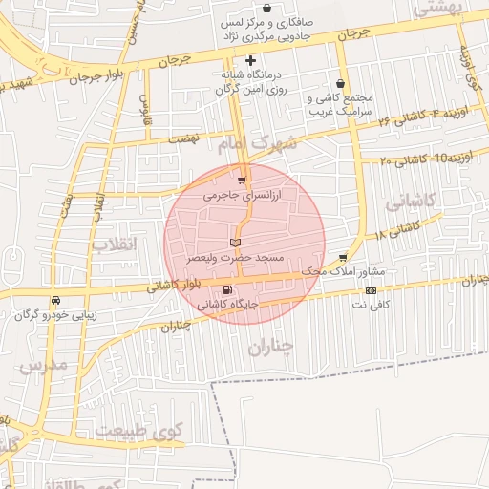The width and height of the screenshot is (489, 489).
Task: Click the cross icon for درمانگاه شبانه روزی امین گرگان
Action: pyautogui.click(x=250, y=61)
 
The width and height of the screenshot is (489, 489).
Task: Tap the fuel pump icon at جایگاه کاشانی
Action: pyautogui.click(x=226, y=289)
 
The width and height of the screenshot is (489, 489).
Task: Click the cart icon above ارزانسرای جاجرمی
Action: pyautogui.click(x=242, y=179)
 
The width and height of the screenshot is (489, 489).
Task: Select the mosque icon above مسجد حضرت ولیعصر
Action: pyautogui.click(x=235, y=244)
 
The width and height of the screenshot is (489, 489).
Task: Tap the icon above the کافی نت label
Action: pyautogui.click(x=371, y=290)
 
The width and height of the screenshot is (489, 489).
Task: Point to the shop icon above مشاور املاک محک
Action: pyautogui.click(x=343, y=257)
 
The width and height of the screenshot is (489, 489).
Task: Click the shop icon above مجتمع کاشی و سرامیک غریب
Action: pyautogui.click(x=341, y=84)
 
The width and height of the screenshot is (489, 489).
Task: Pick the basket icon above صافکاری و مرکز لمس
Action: pyautogui.click(x=278, y=8)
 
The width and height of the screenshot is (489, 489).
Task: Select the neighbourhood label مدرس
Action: pyautogui.click(x=44, y=365)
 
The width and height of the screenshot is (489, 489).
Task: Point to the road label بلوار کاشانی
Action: pyautogui.click(x=175, y=284)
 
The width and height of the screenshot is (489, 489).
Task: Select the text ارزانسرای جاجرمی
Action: pyautogui.click(x=244, y=194)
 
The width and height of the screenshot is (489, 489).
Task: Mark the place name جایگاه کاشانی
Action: pyautogui.click(x=224, y=305)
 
